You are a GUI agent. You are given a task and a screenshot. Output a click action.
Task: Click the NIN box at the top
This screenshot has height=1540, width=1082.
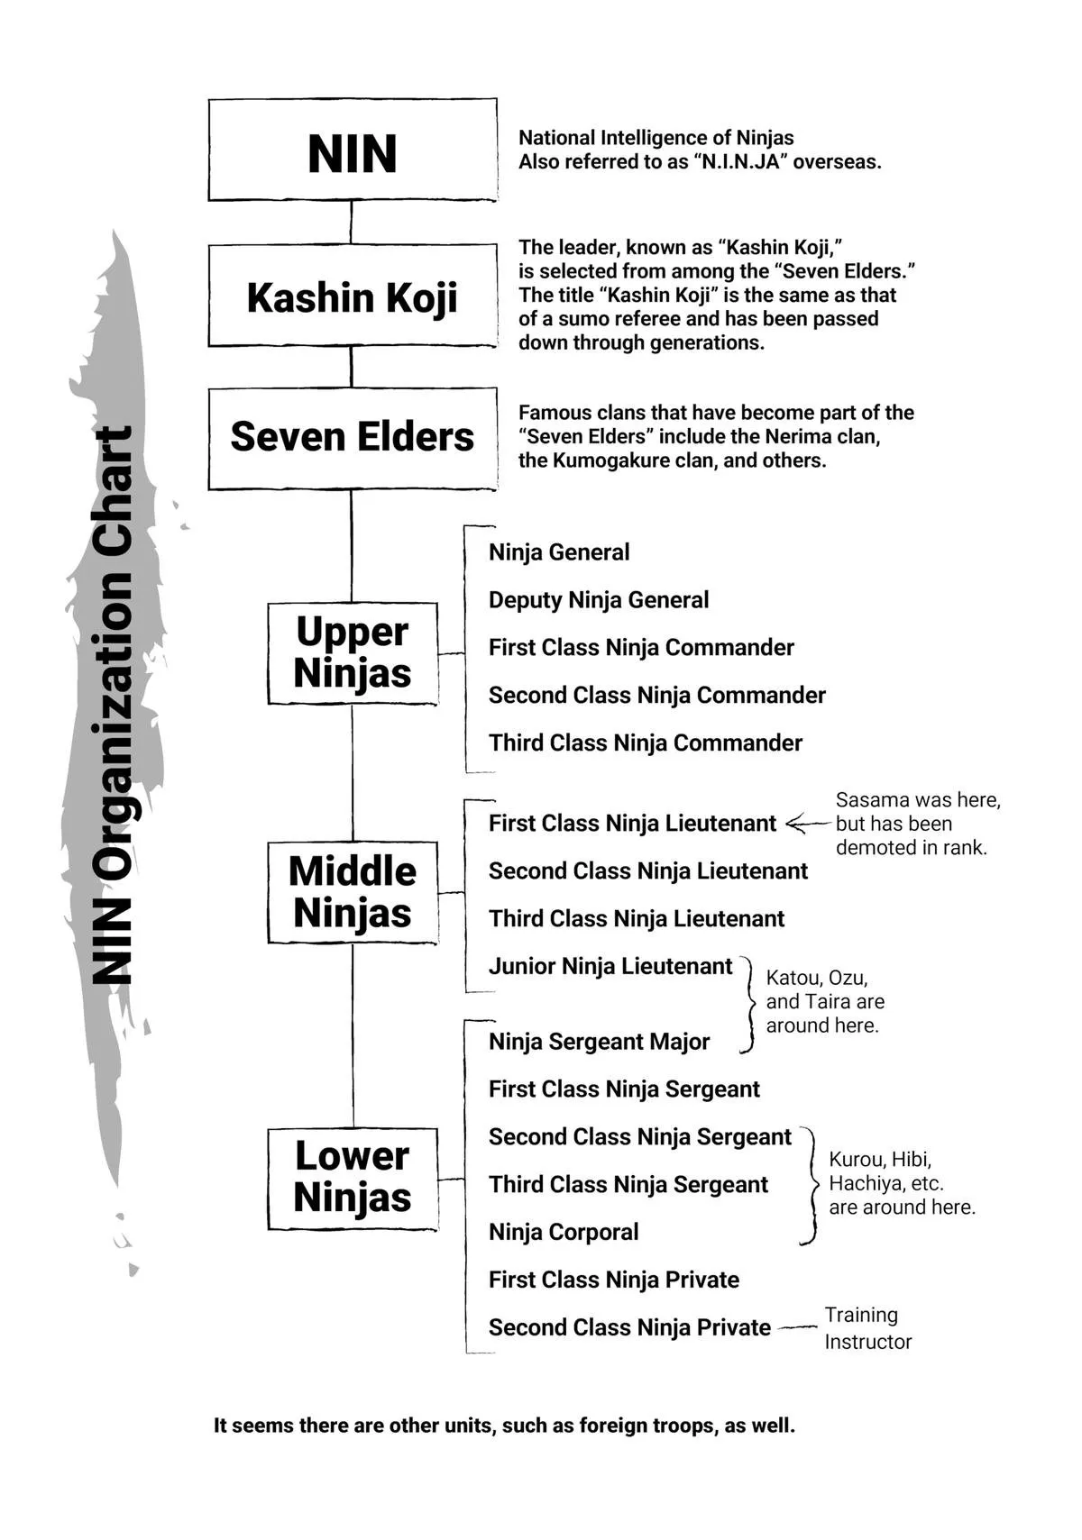pos(353,150)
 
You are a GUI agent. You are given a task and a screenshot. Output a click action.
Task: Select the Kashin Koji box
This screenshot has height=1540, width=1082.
pos(353,296)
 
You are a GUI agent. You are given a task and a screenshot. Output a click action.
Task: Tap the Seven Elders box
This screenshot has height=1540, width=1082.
pos(353,439)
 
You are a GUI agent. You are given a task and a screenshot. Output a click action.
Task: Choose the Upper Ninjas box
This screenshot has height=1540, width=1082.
pos(353,653)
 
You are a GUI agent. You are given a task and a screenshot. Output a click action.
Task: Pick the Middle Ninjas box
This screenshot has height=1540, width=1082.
pos(353,892)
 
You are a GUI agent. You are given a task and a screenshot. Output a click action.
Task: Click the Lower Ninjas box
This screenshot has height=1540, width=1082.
pos(353,1179)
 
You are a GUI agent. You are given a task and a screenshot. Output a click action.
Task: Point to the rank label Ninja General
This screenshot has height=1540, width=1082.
pos(558,552)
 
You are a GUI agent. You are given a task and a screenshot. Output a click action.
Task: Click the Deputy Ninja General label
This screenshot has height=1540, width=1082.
pos(599,600)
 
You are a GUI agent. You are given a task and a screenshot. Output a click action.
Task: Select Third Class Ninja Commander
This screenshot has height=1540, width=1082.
pos(646,743)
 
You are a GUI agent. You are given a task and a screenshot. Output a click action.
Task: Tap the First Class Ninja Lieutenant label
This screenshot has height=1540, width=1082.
pos(632,824)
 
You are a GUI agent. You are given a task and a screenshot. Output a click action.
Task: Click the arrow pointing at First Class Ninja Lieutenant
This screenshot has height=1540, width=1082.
pos(808,824)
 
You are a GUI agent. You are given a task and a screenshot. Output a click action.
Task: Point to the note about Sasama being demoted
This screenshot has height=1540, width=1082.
pos(918,824)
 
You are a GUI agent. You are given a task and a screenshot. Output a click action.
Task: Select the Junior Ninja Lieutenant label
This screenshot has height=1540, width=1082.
pos(610,967)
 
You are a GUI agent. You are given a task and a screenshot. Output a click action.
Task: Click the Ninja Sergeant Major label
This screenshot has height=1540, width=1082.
pos(599,1042)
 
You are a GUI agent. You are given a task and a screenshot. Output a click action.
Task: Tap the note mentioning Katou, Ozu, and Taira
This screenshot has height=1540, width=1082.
pos(825,1001)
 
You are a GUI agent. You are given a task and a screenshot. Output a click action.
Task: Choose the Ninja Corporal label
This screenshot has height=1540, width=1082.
pos(564,1232)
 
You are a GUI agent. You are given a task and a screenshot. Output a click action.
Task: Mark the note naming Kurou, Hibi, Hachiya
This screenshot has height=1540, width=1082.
pos(902,1183)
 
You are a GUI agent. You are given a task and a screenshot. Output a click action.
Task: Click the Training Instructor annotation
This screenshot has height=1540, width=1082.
pos(867,1327)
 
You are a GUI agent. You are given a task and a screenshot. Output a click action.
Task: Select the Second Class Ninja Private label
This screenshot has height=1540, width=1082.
pos(629,1327)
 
